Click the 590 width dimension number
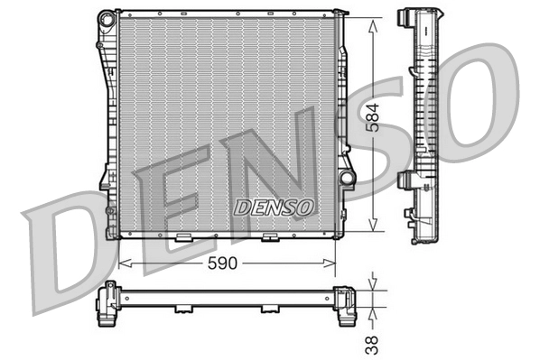click(x=222, y=263)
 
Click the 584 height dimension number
click(x=372, y=117)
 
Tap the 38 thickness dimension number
click(x=372, y=346)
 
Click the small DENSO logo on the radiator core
click(x=274, y=208)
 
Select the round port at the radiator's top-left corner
click(x=107, y=19)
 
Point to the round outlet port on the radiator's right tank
click(x=347, y=177)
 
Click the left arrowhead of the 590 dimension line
click(x=125, y=263)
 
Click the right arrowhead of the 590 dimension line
click(x=329, y=263)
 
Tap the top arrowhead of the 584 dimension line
click(x=373, y=26)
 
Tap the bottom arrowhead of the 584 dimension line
click(x=373, y=224)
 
